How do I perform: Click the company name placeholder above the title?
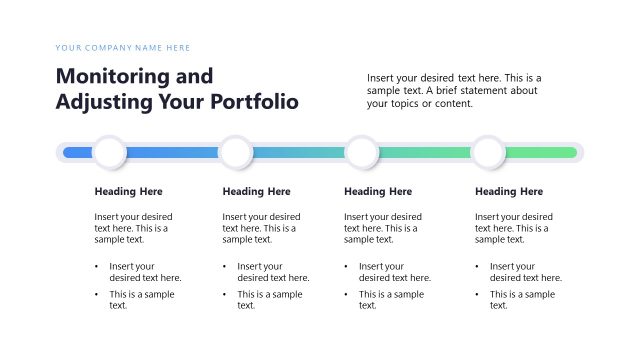pos(123,48)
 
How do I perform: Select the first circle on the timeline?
pos(109,153)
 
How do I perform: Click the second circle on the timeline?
pos(236,153)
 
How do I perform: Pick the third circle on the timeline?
pos(362,153)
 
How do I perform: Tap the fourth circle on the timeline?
pos(488,153)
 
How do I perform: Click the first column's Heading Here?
pos(128,192)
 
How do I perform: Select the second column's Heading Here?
pos(256,192)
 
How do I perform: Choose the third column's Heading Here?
pos(378,192)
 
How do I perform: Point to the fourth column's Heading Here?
pos(509,192)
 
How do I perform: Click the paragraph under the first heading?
pos(133,228)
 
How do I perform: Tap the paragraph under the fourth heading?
pos(513,228)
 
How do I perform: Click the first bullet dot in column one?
pos(98,267)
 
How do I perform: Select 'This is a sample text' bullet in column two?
pos(269,300)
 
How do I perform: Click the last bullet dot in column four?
pos(478,295)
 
